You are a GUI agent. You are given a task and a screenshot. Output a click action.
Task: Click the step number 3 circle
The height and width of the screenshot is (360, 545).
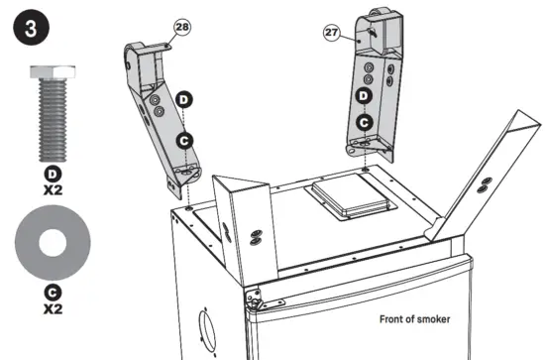(x=29, y=27)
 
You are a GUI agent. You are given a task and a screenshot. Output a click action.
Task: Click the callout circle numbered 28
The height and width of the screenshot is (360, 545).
(x=182, y=28)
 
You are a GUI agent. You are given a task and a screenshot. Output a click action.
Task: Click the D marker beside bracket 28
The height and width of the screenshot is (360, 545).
(x=183, y=100)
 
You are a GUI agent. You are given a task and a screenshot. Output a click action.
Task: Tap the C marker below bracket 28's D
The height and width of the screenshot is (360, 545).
(x=183, y=141)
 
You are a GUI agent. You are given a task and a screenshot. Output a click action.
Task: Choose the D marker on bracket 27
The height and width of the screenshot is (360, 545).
(x=365, y=95)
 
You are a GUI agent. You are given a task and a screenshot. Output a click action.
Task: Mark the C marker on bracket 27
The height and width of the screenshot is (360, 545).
(x=365, y=121)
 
